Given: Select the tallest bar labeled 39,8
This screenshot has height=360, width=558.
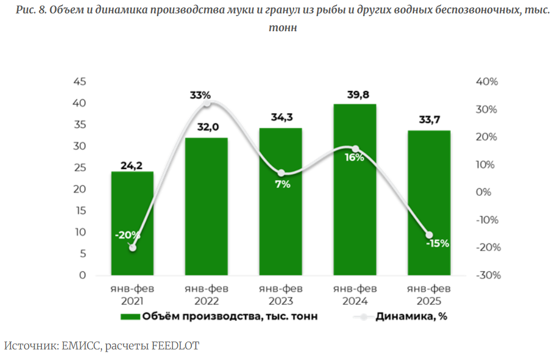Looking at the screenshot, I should (x=355, y=190).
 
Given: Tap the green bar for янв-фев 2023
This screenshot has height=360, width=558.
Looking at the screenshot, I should (x=281, y=223).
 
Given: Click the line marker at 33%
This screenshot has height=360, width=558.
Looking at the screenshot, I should (x=207, y=103).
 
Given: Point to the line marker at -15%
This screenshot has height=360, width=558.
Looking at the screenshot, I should (x=429, y=235).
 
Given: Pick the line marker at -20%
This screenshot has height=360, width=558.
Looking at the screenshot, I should (x=133, y=247).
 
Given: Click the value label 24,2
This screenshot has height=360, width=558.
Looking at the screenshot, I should (x=132, y=165).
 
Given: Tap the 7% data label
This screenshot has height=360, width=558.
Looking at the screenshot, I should (x=282, y=184).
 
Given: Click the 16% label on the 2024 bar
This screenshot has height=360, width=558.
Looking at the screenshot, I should (x=354, y=157).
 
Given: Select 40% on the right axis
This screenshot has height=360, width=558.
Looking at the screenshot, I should (x=487, y=82).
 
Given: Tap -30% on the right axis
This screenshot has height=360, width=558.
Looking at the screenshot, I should (x=487, y=275).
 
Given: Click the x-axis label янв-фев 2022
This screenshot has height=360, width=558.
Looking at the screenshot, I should (x=206, y=295).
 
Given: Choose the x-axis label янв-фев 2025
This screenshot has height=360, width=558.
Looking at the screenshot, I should (x=429, y=295).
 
